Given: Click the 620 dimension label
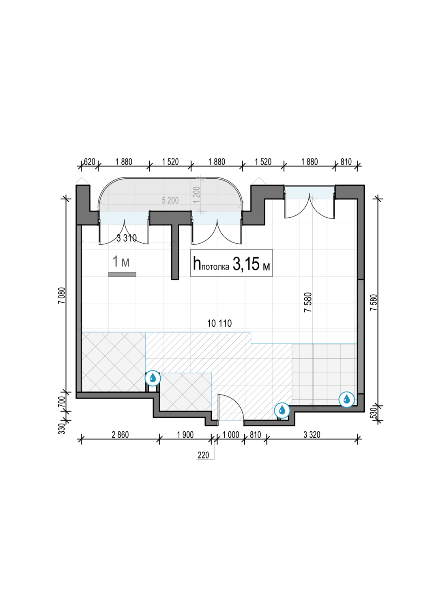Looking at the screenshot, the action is pos(90,162).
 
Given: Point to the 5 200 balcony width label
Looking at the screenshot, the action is pos(170,201).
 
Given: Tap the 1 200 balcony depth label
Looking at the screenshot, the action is pos(197,194).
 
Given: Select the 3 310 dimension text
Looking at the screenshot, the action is pos(127,238).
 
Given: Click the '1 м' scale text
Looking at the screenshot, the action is pos(121,261).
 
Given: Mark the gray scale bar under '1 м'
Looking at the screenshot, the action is pos(122,274).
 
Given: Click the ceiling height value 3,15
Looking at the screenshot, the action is pos(246,264).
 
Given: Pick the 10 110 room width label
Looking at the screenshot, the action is pos(219,323).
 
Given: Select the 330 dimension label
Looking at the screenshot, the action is pos(62,428).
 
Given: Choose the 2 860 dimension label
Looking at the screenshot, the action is pos(120,435).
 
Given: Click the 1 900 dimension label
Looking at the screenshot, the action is pos(185,435).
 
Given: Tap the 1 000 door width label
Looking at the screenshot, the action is pos(231,435).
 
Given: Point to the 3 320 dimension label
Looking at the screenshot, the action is pos(312,435).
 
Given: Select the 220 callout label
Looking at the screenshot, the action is pos(203,455).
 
